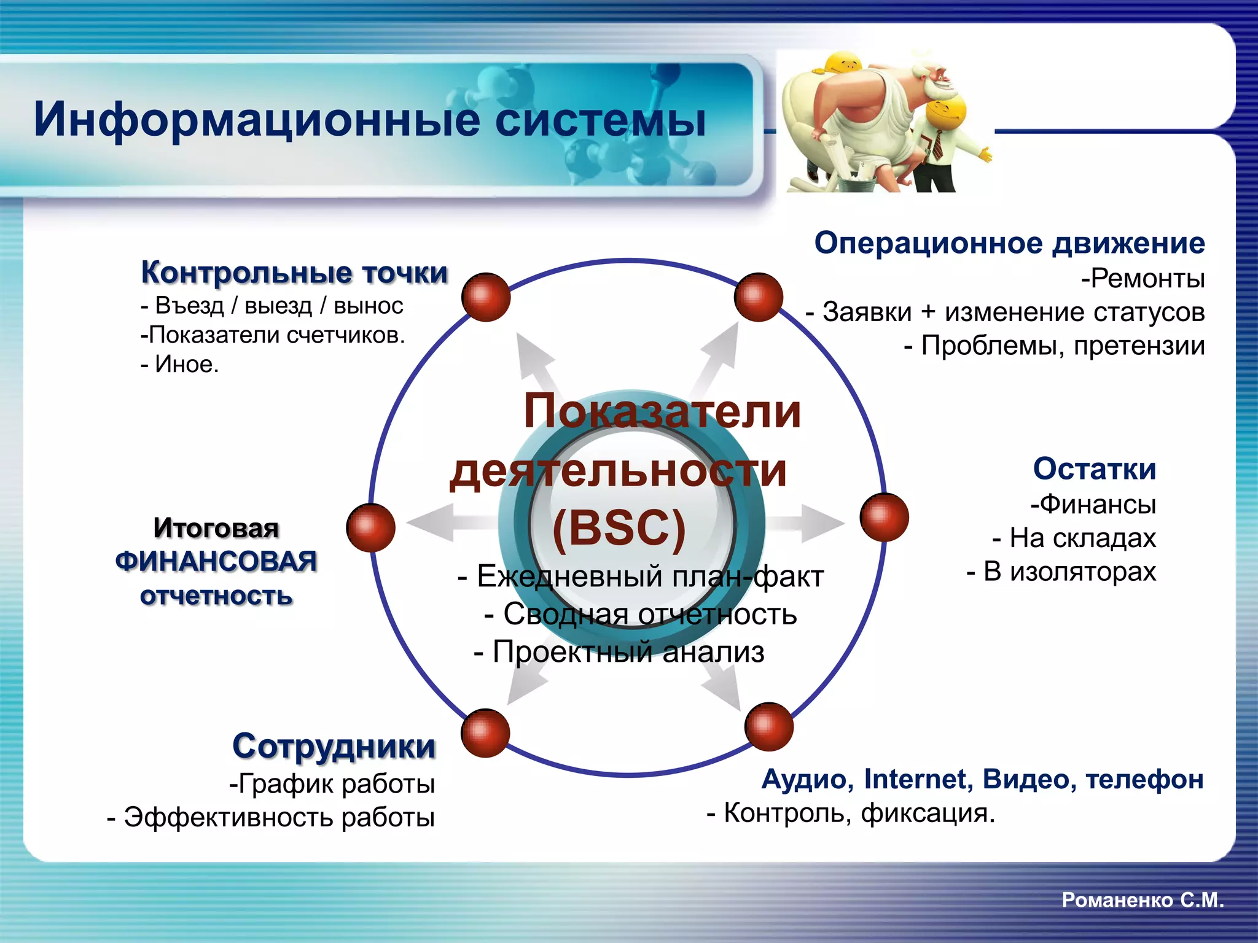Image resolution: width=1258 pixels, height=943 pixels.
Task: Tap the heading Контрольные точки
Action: pyautogui.click(x=294, y=273)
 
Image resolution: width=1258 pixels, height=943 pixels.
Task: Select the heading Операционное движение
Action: pyautogui.click(x=1009, y=243)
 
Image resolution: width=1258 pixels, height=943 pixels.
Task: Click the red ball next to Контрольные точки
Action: pyautogui.click(x=486, y=297)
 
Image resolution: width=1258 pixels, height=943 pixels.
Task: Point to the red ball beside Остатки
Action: pyautogui.click(x=884, y=517)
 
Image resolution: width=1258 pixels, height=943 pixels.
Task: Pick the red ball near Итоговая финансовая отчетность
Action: pyautogui.click(x=370, y=527)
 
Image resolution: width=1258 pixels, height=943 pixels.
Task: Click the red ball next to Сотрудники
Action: pyautogui.click(x=485, y=732)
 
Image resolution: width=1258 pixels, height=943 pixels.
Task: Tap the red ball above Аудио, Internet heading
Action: pyautogui.click(x=768, y=727)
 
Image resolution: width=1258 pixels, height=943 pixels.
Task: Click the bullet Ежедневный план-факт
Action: pyautogui.click(x=641, y=576)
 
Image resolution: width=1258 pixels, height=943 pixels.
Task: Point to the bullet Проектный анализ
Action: pyautogui.click(x=619, y=651)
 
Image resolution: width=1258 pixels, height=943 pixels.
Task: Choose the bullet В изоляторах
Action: pyautogui.click(x=1061, y=572)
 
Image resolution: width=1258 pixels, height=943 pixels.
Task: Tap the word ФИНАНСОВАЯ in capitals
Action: pyautogui.click(x=216, y=562)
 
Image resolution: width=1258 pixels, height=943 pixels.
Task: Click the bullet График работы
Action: pyautogui.click(x=332, y=784)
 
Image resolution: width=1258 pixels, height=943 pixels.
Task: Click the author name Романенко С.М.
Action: pyautogui.click(x=1143, y=900)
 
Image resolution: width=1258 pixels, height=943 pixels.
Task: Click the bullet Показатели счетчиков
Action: pyautogui.click(x=273, y=335)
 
